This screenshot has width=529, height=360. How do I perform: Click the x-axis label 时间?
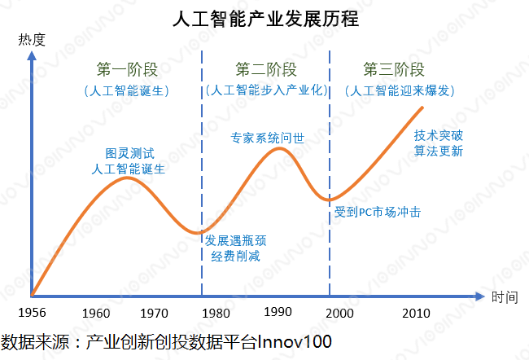pyautogui.click(x=505, y=297)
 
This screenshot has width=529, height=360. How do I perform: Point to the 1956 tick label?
pyautogui.click(x=32, y=314)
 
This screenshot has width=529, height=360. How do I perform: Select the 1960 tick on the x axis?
pyautogui.click(x=97, y=314)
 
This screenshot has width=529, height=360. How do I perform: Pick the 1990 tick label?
pyautogui.click(x=278, y=314)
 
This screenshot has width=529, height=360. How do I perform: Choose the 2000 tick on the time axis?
pyautogui.click(x=343, y=314)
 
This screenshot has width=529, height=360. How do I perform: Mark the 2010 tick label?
pyautogui.click(x=415, y=314)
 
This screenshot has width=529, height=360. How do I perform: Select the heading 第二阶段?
pyautogui.click(x=266, y=68)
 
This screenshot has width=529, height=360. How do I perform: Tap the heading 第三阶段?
pyautogui.click(x=393, y=68)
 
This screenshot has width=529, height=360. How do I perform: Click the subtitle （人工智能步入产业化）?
pyautogui.click(x=266, y=90)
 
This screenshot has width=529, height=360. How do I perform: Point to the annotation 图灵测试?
pyautogui.click(x=130, y=152)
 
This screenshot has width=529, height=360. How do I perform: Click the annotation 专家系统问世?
pyautogui.click(x=268, y=138)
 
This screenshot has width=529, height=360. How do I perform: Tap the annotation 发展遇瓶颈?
pyautogui.click(x=235, y=240)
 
